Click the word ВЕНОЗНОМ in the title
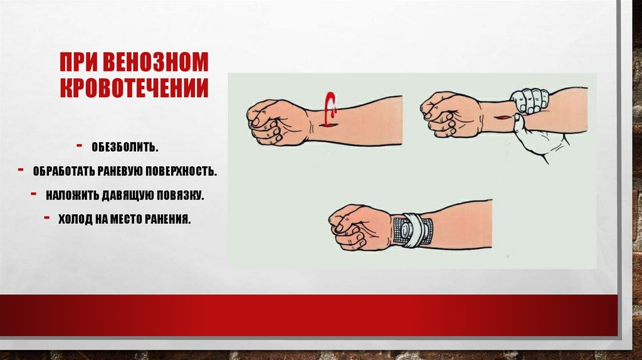coord(155,62)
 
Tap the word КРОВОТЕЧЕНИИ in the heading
coord(134,87)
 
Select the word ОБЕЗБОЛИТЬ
coord(125,147)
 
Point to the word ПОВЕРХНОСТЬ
coord(181,171)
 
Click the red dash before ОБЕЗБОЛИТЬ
coord(79,145)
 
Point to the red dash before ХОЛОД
coord(47,217)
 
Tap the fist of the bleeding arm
coord(277,122)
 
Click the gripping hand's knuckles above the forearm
coord(529,100)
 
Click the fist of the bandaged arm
coord(360,227)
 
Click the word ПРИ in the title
coord(80,62)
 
